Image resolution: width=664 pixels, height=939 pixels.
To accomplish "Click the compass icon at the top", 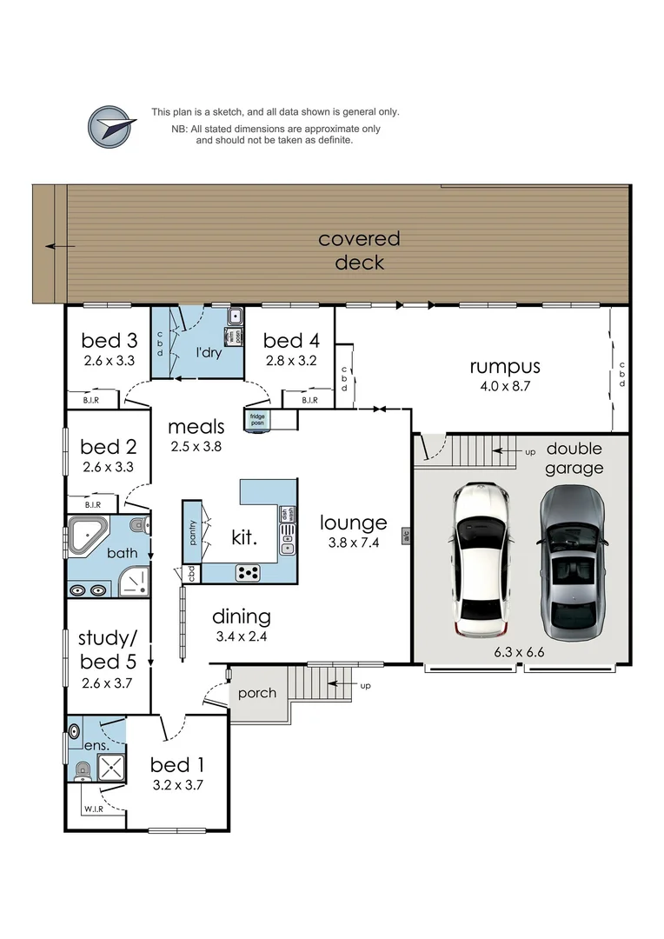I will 112,127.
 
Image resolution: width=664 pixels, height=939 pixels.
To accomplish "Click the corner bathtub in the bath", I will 88,535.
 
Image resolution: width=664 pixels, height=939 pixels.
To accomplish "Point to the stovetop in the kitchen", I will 249,573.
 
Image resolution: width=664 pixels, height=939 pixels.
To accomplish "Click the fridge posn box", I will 258,418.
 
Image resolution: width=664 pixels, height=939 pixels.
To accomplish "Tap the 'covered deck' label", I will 359,250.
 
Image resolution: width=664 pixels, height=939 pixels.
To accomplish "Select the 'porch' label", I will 257,693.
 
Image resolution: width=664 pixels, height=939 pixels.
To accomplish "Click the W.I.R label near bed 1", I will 94,809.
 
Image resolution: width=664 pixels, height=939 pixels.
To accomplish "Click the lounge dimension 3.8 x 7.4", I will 353,544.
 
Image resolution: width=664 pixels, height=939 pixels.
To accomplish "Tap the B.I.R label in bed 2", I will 92,504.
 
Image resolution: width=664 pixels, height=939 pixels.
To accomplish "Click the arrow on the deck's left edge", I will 60,246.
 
